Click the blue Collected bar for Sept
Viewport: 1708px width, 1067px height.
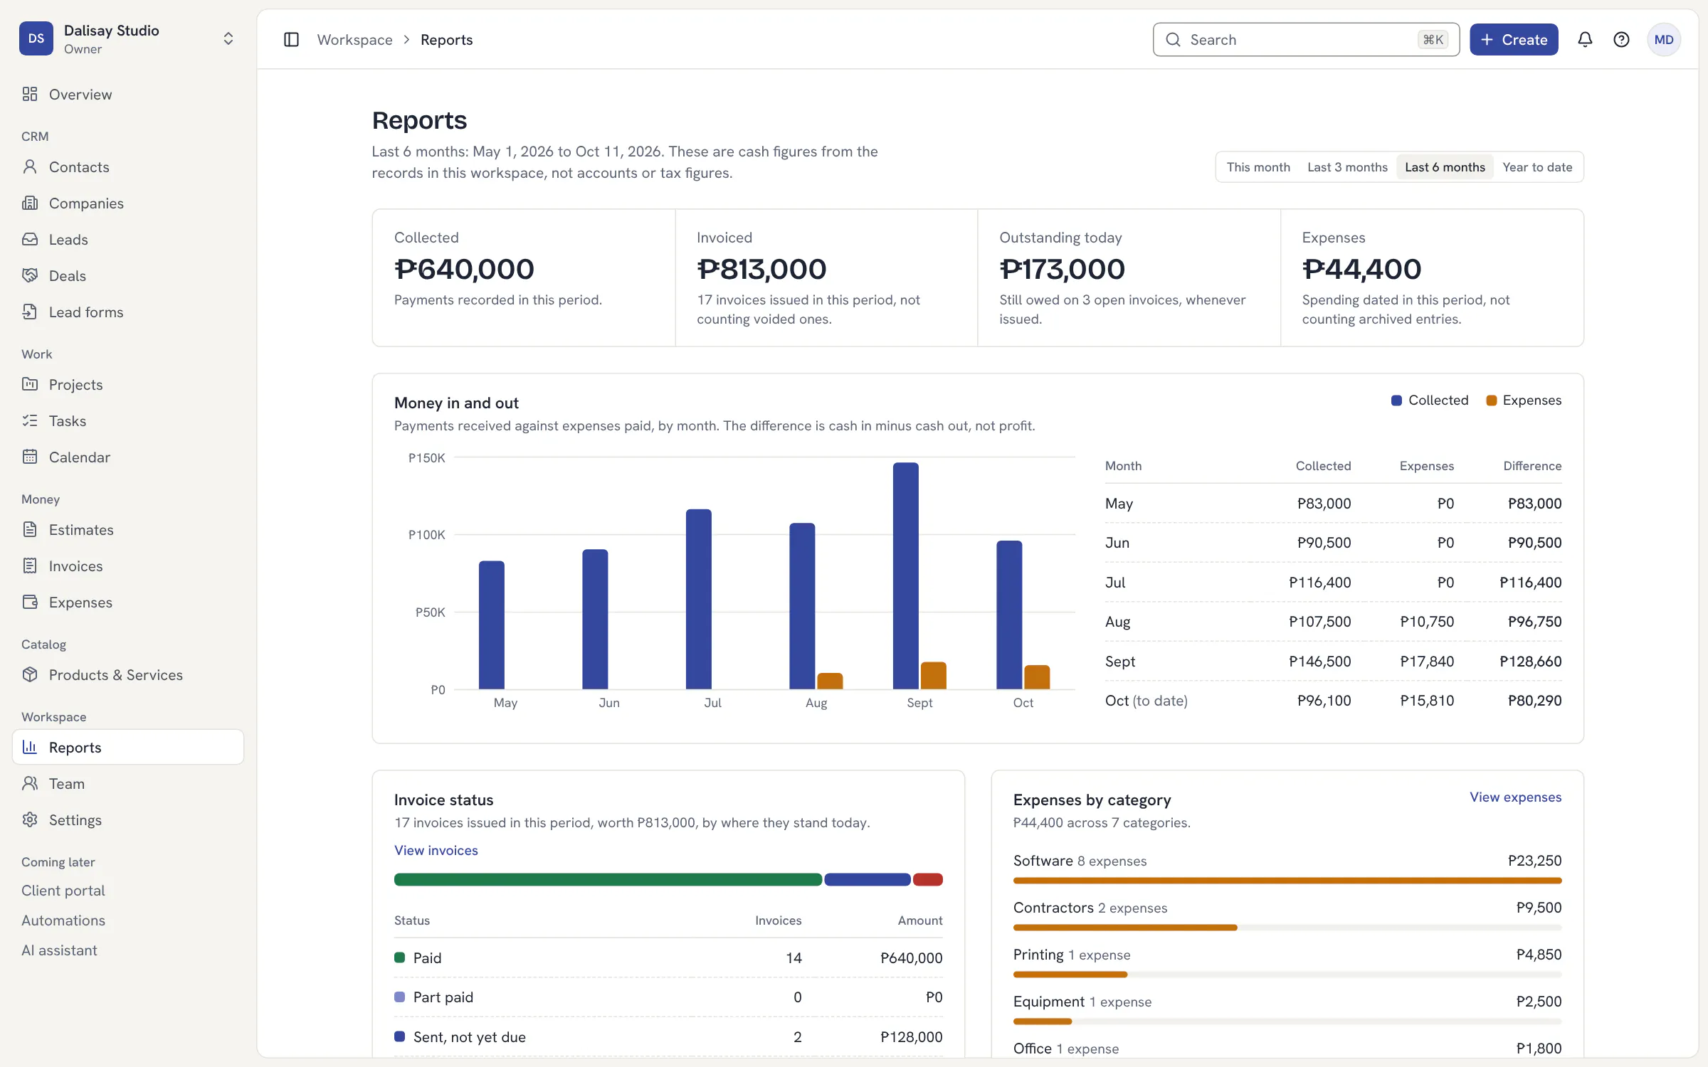point(905,575)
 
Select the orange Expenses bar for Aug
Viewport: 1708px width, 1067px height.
point(830,681)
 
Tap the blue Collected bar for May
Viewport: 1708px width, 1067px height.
point(491,625)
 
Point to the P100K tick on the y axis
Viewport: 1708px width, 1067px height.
point(426,534)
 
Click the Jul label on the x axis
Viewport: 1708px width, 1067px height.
point(712,703)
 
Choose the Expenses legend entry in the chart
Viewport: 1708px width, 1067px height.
point(1524,400)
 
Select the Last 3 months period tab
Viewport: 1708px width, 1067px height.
point(1347,167)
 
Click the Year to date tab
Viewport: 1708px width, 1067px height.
point(1537,167)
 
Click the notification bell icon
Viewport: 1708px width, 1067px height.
point(1585,40)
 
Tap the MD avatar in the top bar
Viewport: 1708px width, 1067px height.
point(1664,40)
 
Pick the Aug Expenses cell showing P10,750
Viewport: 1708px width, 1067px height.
point(1427,622)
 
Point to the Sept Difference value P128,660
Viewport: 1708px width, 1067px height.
point(1530,662)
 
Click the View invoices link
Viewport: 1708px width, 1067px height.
point(436,851)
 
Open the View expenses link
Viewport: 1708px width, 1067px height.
point(1516,797)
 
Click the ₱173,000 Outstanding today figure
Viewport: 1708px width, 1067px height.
point(1062,269)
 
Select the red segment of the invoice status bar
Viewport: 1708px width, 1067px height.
point(928,880)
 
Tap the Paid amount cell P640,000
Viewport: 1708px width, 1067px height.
point(911,958)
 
